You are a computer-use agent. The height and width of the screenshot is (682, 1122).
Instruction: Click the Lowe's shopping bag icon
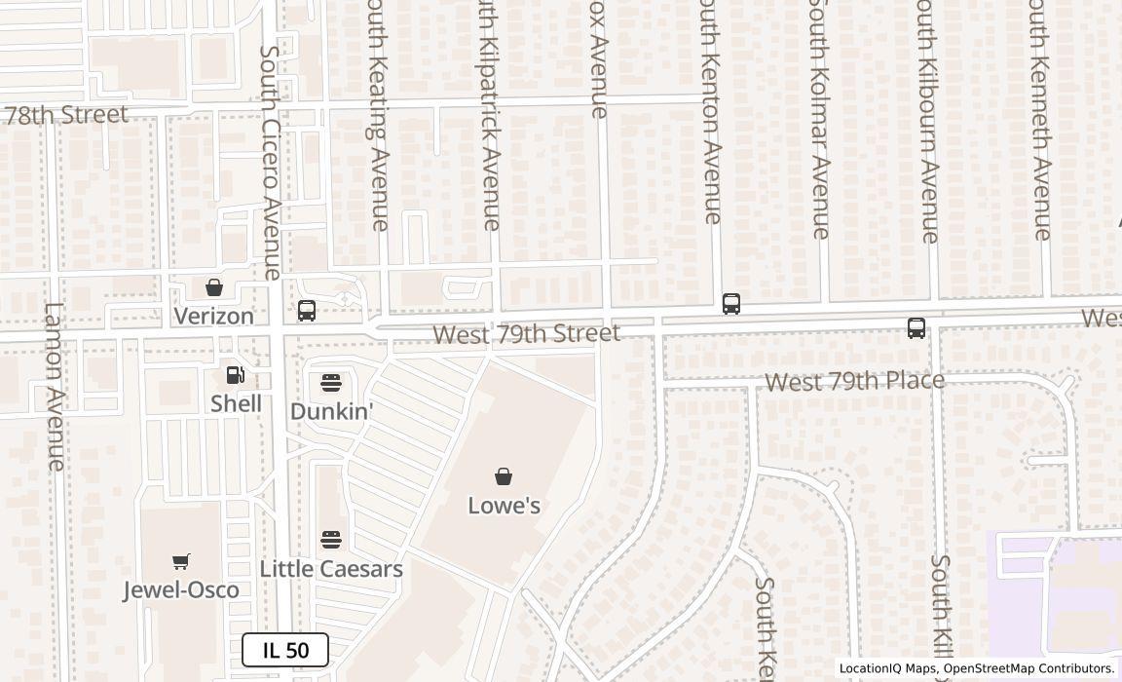click(x=504, y=476)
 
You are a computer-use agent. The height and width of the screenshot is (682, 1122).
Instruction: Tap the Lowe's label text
click(x=504, y=506)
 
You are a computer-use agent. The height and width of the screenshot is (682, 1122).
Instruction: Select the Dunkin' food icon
click(x=331, y=382)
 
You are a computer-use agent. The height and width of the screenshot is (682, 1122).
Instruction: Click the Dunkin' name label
click(x=332, y=411)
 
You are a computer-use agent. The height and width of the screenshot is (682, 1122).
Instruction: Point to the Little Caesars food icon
click(x=331, y=540)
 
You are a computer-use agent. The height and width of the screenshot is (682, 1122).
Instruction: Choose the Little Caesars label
click(x=331, y=569)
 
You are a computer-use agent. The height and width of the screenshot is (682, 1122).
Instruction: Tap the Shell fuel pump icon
click(x=236, y=374)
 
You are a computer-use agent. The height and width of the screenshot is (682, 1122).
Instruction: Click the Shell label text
click(x=236, y=403)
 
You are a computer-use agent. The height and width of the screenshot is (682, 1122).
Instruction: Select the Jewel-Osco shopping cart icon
click(x=181, y=561)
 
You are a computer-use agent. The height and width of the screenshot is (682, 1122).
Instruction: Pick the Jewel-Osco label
click(x=181, y=589)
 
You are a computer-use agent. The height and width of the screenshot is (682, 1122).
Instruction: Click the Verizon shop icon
click(x=214, y=287)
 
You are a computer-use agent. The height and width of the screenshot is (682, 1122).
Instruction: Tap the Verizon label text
click(x=214, y=316)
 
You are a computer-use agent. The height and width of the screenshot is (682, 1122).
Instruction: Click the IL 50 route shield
click(x=285, y=650)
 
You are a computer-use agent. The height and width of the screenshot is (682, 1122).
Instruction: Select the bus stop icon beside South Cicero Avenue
click(x=307, y=311)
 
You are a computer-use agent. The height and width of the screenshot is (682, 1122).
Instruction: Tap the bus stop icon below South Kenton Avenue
click(x=731, y=304)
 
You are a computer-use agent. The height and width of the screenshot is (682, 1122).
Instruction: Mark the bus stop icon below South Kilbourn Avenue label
click(x=916, y=328)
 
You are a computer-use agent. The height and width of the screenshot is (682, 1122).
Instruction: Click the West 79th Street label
click(x=526, y=334)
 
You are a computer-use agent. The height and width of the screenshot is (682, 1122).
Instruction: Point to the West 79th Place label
click(x=854, y=381)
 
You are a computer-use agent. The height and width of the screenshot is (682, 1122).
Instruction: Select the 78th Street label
click(x=66, y=115)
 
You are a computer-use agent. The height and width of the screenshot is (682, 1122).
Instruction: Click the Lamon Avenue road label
click(x=55, y=386)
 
